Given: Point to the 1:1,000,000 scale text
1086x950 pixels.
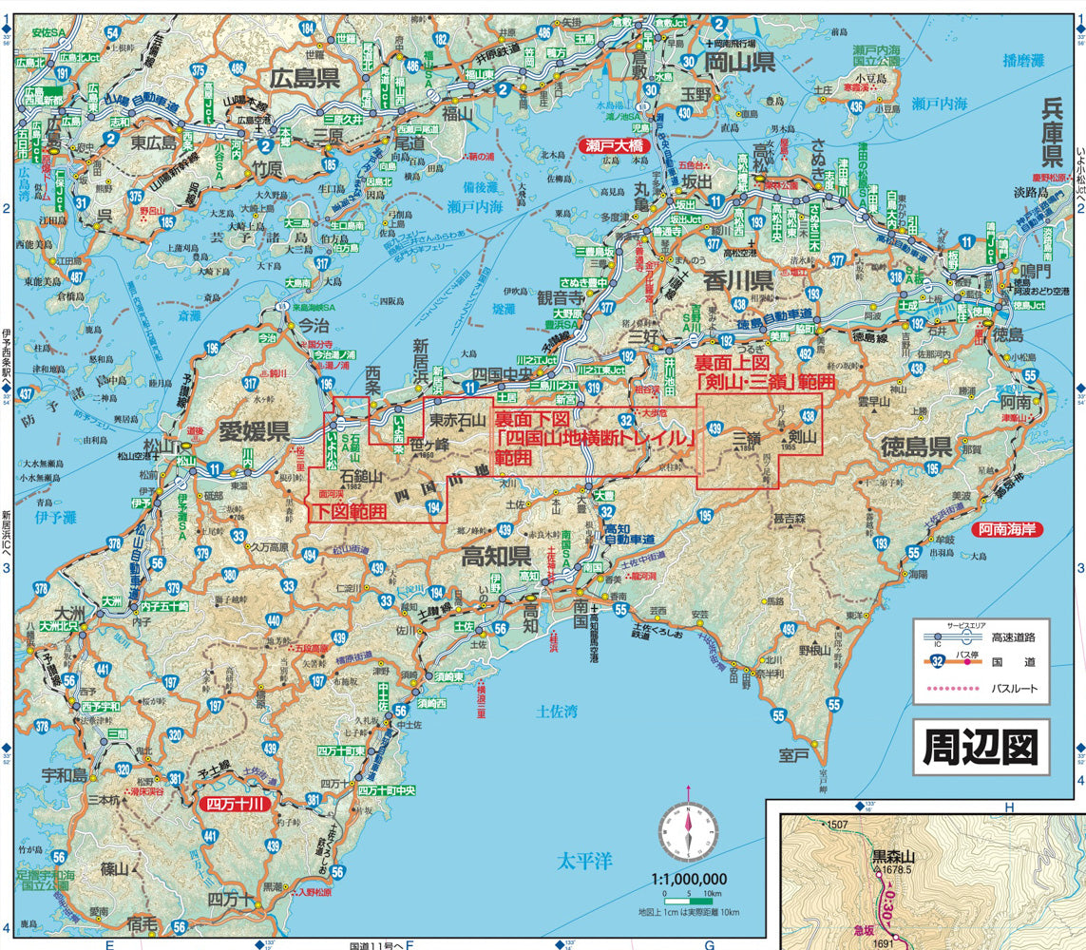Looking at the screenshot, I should [689, 880].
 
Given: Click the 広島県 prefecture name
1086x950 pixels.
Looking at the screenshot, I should [304, 78].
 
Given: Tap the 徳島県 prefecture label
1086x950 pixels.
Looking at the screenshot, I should [916, 446].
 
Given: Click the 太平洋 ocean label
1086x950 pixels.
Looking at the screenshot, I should [584, 862].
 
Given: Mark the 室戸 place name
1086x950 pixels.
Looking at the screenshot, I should [794, 754].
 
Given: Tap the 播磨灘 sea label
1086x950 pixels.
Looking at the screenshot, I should [1023, 60].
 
